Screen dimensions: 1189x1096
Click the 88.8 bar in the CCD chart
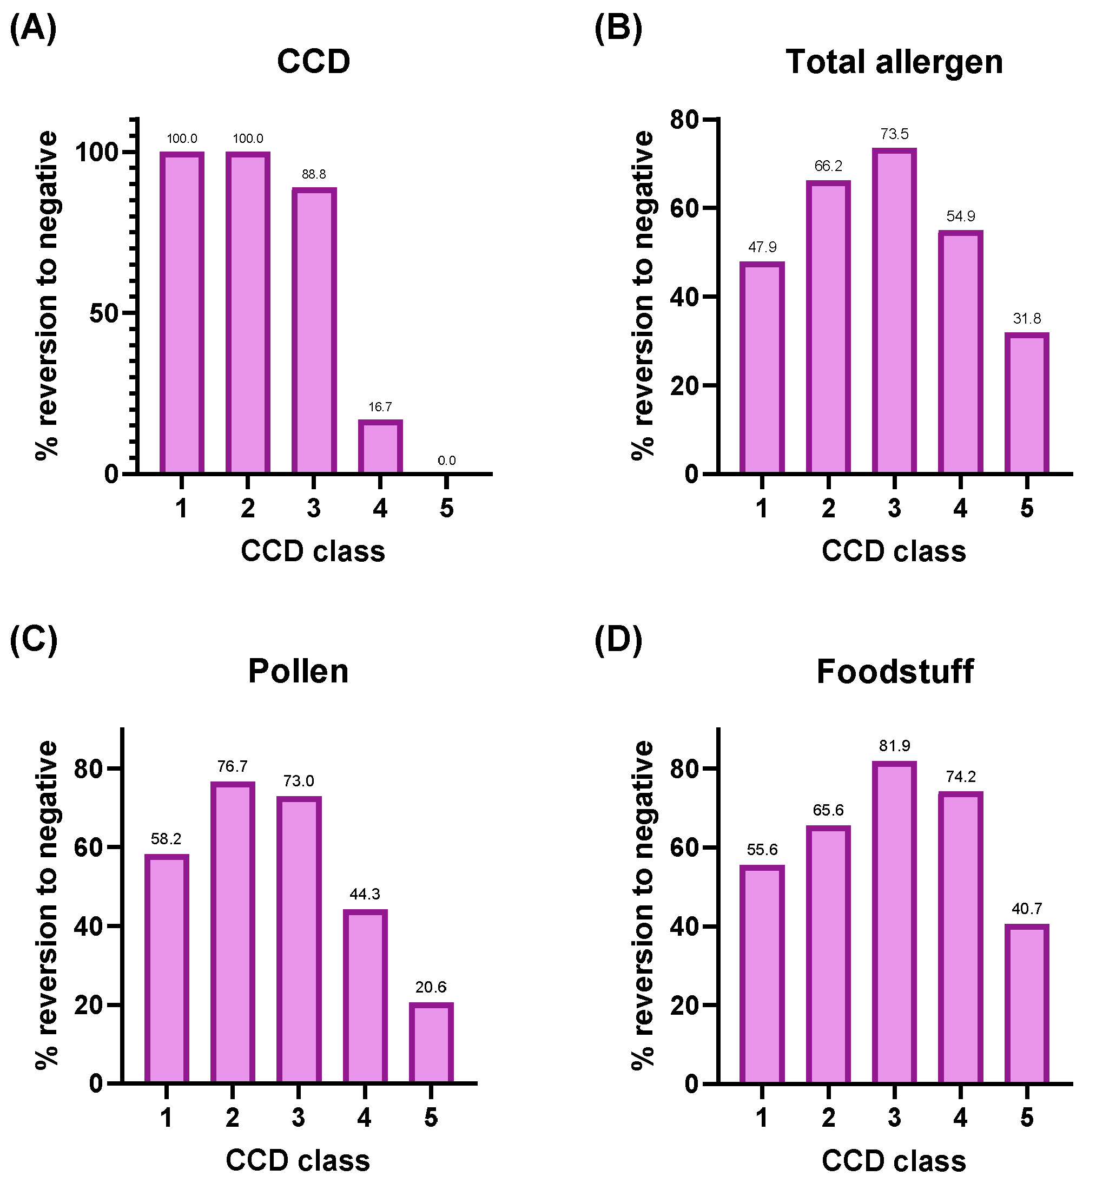pos(314,331)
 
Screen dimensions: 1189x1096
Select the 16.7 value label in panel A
pos(380,407)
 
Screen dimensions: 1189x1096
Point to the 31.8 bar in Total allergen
pos(1027,403)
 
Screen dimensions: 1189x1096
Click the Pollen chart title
pos(298,672)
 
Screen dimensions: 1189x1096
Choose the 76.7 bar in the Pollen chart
pos(233,932)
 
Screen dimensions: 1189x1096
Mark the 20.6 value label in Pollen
pos(431,987)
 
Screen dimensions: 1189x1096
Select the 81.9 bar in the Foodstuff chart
pos(894,922)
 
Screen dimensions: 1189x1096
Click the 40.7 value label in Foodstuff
pos(1027,909)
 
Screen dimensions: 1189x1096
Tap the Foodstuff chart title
pos(895,672)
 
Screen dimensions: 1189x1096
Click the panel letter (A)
pos(33,29)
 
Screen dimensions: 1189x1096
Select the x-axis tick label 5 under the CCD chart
pos(447,509)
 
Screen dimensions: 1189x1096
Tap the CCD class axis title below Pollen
pos(298,1160)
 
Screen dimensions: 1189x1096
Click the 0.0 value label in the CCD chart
pos(447,461)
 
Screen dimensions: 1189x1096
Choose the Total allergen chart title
pos(894,62)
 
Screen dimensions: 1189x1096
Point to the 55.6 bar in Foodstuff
pos(762,974)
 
